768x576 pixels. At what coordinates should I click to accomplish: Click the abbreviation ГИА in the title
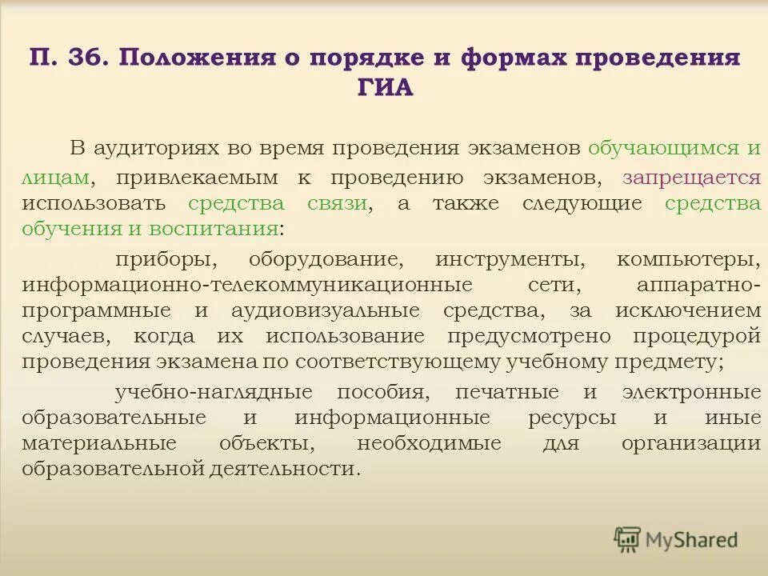tap(384, 87)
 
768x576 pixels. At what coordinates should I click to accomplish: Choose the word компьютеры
tap(688, 260)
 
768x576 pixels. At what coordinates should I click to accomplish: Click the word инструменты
tap(507, 260)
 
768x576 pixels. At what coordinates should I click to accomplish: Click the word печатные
tap(507, 393)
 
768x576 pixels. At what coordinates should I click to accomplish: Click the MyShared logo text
tap(691, 540)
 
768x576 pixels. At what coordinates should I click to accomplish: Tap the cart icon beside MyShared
tap(628, 539)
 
